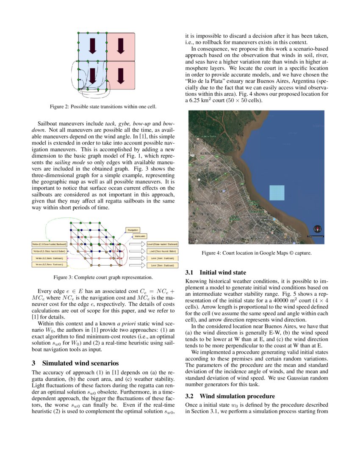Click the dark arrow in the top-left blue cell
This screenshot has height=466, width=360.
[x=92, y=46]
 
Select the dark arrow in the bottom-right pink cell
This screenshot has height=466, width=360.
[x=120, y=75]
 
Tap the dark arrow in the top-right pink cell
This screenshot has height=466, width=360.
[x=120, y=46]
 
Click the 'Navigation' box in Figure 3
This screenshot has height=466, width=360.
[x=133, y=230]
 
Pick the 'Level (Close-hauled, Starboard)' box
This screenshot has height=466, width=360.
[x=162, y=244]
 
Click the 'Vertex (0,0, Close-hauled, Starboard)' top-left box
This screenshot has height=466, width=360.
[x=49, y=244]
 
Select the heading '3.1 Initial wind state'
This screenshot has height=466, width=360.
[x=216, y=272]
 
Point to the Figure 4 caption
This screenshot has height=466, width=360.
[x=256, y=253]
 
